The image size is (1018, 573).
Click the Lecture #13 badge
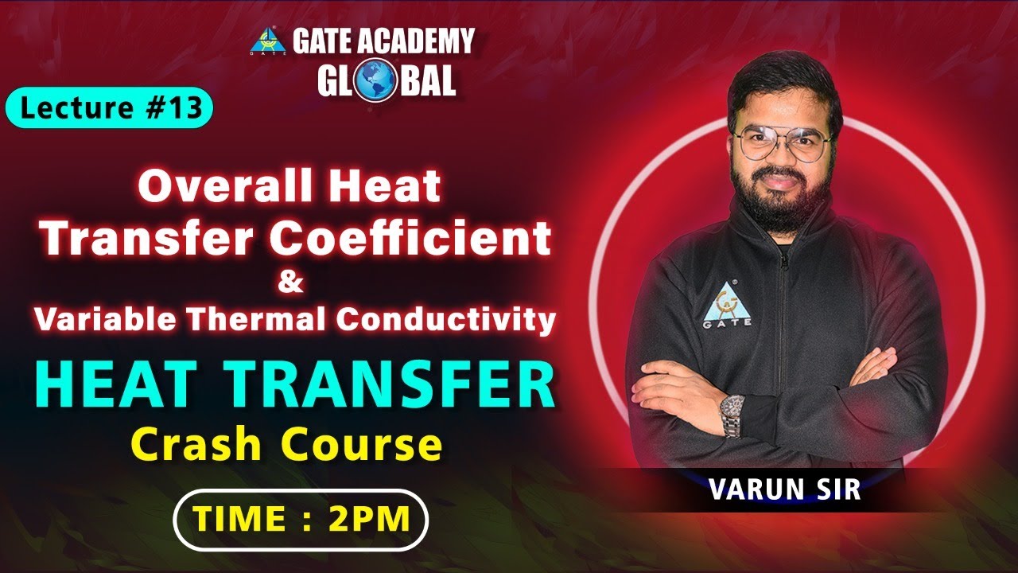pos(109,109)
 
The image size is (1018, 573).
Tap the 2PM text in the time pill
pos(369,519)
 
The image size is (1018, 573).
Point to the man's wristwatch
pos(731,414)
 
